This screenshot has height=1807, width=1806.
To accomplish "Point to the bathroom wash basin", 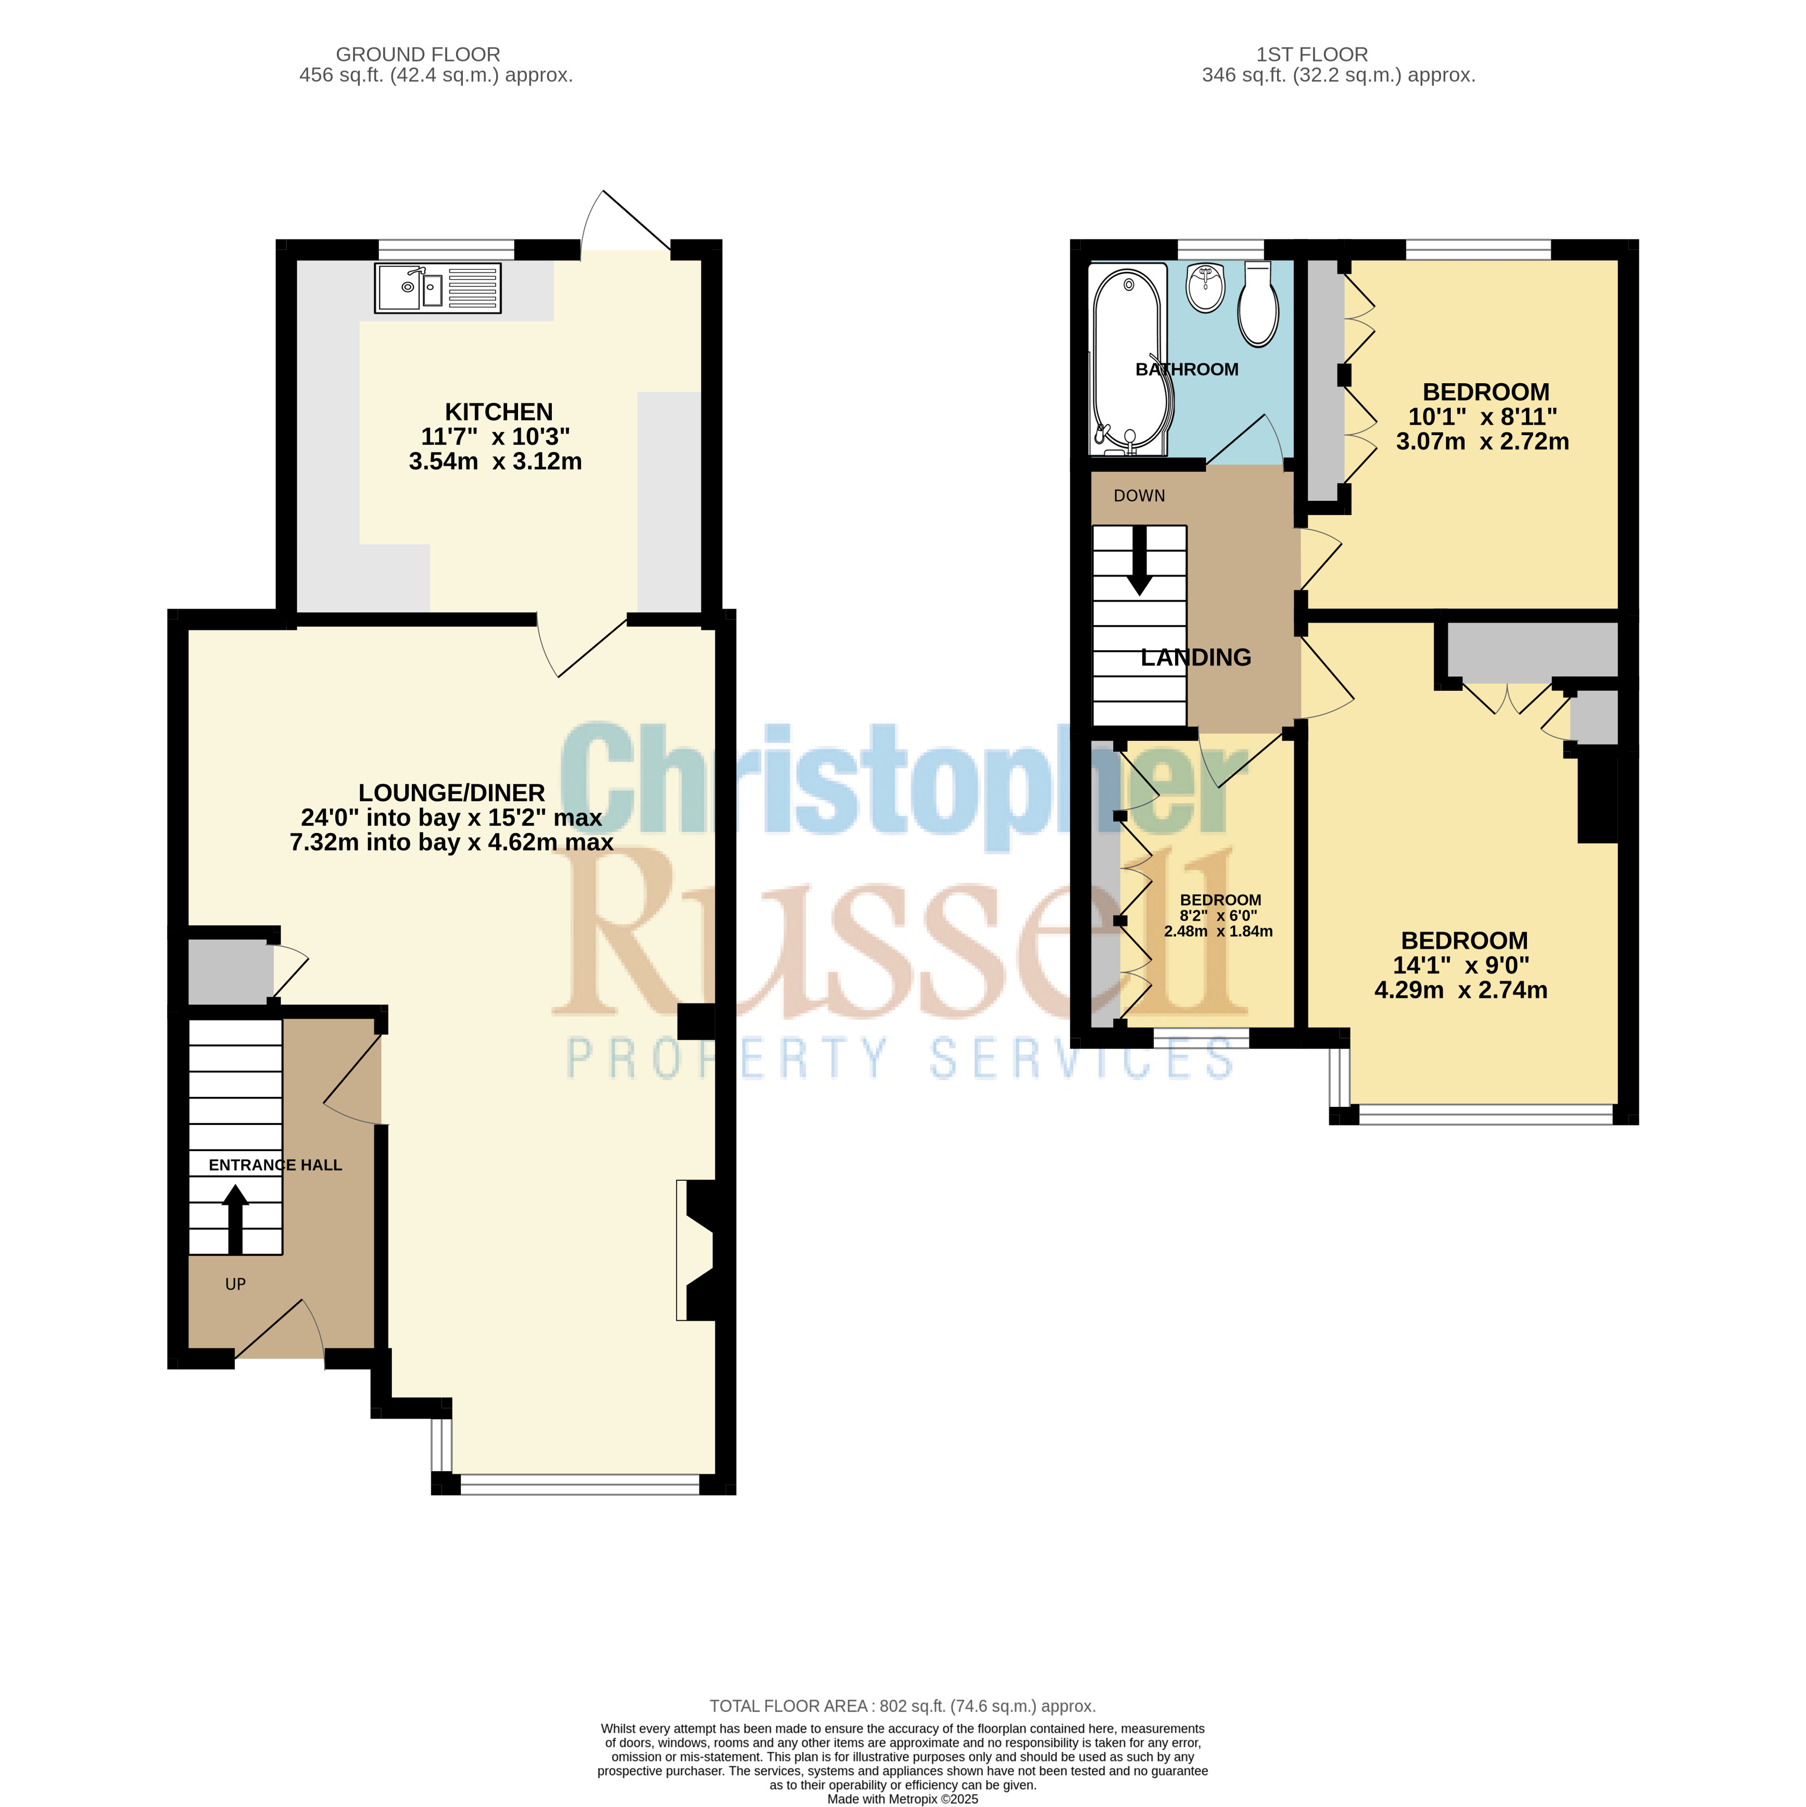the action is click(x=1206, y=288).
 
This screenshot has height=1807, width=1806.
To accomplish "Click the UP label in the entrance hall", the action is click(x=236, y=1284).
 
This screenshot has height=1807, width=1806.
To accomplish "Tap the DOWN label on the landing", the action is click(x=1139, y=496).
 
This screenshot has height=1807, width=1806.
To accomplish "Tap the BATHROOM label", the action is click(x=1187, y=370).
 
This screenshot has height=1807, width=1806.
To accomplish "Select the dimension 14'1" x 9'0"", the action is click(x=1461, y=965).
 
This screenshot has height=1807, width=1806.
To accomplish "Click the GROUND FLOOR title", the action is click(x=418, y=54).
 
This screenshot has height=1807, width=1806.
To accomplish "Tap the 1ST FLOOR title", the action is click(x=1312, y=54).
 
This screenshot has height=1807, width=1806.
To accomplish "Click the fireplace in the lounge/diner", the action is click(x=696, y=1250).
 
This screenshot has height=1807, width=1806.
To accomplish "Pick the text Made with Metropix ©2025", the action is click(x=903, y=1799).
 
